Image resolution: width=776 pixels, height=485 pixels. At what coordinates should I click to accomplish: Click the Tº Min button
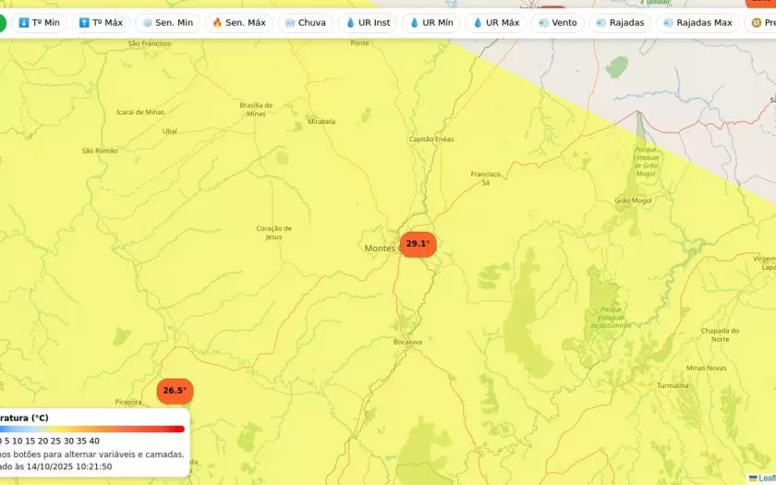(39, 22)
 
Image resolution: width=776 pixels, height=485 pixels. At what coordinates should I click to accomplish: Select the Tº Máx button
(101, 22)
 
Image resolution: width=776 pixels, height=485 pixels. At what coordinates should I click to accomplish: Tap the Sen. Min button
(167, 22)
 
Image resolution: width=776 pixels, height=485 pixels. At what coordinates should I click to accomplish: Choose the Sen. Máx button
(238, 22)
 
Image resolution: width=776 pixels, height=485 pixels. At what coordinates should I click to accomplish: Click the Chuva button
(305, 22)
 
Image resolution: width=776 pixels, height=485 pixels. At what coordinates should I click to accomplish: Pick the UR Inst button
(368, 22)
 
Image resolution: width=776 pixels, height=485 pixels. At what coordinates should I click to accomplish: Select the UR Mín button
(431, 22)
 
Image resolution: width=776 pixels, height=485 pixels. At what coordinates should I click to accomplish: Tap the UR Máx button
(496, 22)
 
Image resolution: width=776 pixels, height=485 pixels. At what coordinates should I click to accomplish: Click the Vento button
(557, 22)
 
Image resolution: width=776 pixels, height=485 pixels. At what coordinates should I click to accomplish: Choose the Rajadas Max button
(697, 22)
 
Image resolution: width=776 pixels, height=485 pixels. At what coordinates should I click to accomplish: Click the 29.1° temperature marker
(418, 244)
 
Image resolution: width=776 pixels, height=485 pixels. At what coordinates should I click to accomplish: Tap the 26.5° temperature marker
(175, 391)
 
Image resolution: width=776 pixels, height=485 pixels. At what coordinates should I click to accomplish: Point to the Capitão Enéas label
(431, 139)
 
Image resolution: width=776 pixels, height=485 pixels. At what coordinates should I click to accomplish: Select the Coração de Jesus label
(273, 232)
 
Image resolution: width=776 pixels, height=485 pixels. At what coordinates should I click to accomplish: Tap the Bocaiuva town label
(407, 342)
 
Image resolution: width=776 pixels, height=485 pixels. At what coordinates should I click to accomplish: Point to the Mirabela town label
(321, 121)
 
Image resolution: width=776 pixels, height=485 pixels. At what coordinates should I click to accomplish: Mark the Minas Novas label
(706, 368)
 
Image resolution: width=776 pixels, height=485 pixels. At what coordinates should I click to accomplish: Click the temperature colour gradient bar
(91, 429)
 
